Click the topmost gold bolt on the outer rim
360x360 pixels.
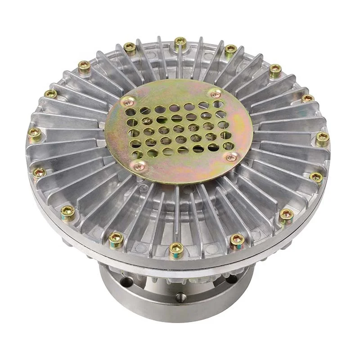click(x=180, y=42)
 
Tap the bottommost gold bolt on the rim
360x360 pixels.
click(x=176, y=248)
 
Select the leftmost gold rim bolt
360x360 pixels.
click(x=35, y=133)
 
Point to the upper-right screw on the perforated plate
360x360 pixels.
click(x=216, y=94)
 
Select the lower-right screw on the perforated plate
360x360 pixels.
click(x=231, y=157)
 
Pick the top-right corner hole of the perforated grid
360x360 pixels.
click(x=219, y=104)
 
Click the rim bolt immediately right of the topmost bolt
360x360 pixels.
click(x=231, y=49)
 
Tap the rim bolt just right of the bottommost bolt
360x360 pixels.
click(x=237, y=240)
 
